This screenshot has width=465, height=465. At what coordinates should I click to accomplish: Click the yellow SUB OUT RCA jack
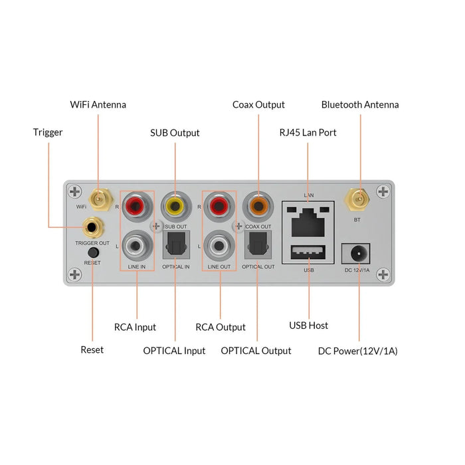175,206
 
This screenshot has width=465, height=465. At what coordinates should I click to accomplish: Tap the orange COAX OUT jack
256,205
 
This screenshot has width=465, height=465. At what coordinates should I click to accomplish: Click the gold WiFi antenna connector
99,197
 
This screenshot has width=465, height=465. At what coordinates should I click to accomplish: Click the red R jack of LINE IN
137,207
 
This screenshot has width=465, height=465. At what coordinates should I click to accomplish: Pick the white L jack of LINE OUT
219,247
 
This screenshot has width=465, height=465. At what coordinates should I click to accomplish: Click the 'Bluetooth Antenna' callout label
360,105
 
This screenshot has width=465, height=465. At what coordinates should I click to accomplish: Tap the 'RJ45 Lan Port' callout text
308,133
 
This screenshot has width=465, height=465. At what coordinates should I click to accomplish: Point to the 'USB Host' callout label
308,325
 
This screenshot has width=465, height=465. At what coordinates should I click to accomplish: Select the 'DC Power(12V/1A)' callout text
357,351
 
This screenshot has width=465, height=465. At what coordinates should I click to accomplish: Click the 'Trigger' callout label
48,132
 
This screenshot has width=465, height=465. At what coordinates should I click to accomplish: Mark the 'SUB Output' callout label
175,133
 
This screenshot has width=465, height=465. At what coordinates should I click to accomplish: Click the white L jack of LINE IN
137,247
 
